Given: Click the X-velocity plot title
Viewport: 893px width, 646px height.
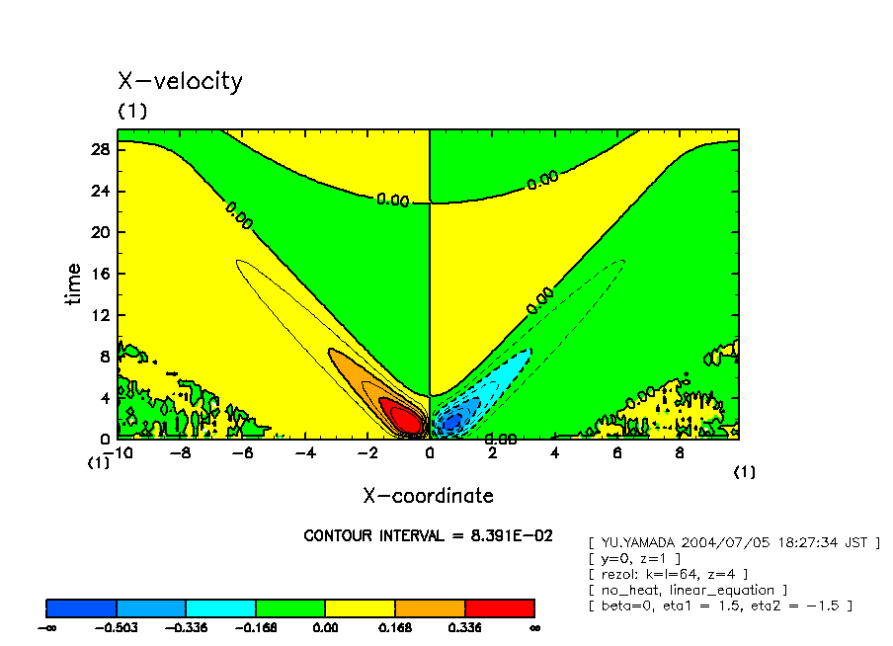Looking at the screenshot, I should [x=180, y=81].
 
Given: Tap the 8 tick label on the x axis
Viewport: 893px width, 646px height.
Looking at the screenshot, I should [x=679, y=453].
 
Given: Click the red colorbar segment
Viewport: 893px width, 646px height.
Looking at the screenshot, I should [x=499, y=607].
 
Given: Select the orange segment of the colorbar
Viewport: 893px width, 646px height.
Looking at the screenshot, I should [x=430, y=607].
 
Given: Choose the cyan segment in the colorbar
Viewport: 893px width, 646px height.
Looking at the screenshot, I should [x=220, y=607].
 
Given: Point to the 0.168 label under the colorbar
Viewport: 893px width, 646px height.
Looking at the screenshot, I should [x=394, y=627].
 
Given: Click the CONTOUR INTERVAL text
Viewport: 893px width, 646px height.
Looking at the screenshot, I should [x=428, y=535].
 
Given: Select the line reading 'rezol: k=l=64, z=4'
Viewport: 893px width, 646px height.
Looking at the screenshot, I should [x=667, y=574].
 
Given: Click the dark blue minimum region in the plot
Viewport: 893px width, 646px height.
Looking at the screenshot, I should [x=452, y=422].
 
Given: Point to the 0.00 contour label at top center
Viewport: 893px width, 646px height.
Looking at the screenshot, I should [x=392, y=200].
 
